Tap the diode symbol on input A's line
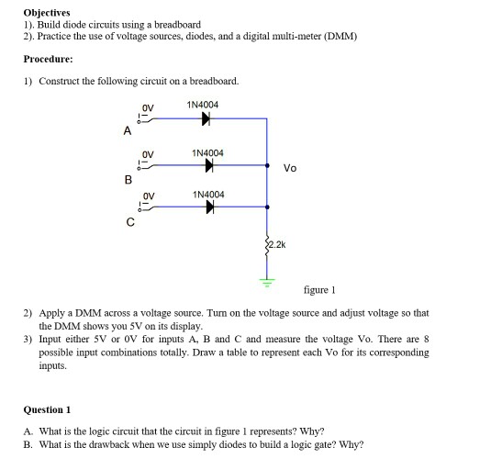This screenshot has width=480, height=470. (x=207, y=118)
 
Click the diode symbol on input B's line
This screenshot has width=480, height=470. (x=210, y=166)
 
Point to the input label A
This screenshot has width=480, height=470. (x=127, y=131)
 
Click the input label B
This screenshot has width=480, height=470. (x=128, y=179)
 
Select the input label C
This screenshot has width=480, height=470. (x=129, y=221)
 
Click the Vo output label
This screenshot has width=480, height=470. (x=290, y=168)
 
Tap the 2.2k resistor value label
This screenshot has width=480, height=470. (x=279, y=245)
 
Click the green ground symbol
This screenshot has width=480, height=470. (x=268, y=281)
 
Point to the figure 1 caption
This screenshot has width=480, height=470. (x=319, y=290)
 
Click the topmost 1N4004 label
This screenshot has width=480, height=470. (x=202, y=105)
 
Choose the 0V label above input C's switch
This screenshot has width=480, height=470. (x=148, y=196)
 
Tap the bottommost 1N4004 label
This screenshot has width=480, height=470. (x=208, y=195)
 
